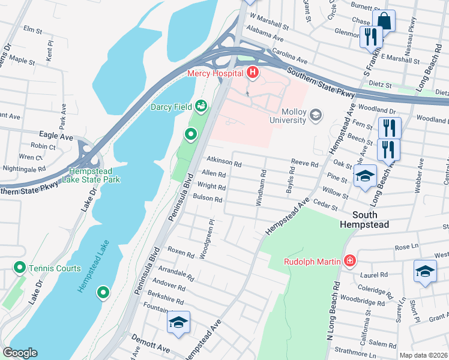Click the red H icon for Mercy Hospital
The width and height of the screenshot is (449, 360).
point(253,73)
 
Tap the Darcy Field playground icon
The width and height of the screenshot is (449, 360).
point(201,107)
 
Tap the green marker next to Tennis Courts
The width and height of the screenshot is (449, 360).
point(20,268)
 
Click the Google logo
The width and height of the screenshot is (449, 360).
point(19,353)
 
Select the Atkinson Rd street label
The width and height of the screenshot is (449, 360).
point(224,163)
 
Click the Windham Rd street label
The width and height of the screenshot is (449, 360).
point(262,188)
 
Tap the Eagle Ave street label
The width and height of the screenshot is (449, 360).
point(56,137)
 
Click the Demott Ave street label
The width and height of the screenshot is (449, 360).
point(152,347)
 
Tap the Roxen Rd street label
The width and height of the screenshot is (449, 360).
point(181,251)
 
